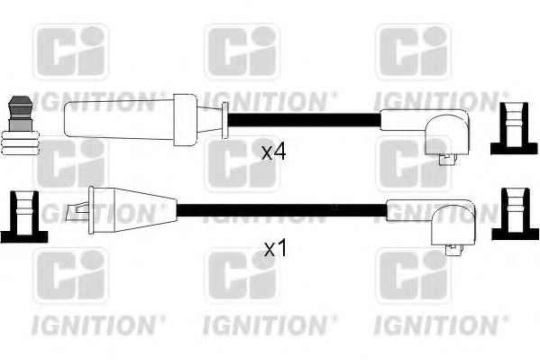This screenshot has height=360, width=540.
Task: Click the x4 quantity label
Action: [274, 151]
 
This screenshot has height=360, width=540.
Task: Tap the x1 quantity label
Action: [274, 245]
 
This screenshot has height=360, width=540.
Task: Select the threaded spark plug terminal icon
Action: [20, 123]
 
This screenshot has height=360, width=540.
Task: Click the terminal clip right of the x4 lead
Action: [510, 129]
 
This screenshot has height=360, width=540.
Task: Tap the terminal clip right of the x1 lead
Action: [510, 216]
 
